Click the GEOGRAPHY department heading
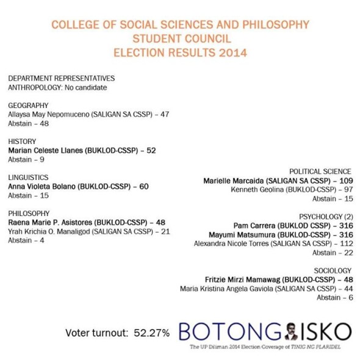coord(28,105)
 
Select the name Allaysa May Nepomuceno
coord(48,114)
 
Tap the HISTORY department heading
coord(22,141)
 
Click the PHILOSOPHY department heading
coord(29,213)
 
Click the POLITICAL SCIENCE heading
coord(320,171)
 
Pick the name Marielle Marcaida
coord(235,181)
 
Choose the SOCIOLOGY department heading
coord(333,270)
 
